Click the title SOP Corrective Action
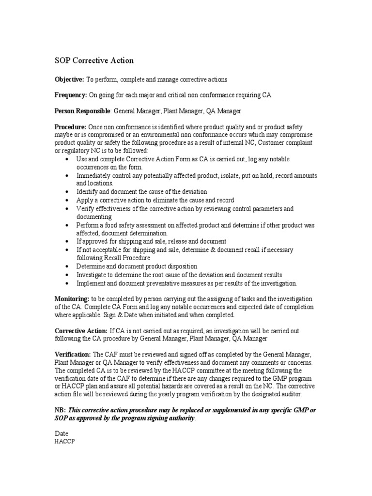click(x=93, y=61)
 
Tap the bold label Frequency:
click(x=71, y=95)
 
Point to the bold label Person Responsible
click(x=82, y=111)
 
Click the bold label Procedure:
click(x=70, y=126)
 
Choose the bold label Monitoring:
click(x=72, y=299)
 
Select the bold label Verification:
click(x=73, y=355)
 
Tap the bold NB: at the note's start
click(x=60, y=410)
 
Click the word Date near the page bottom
click(x=61, y=434)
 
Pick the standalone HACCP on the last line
click(x=64, y=441)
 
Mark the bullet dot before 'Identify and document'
click(x=66, y=192)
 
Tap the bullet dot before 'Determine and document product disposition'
click(x=66, y=266)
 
